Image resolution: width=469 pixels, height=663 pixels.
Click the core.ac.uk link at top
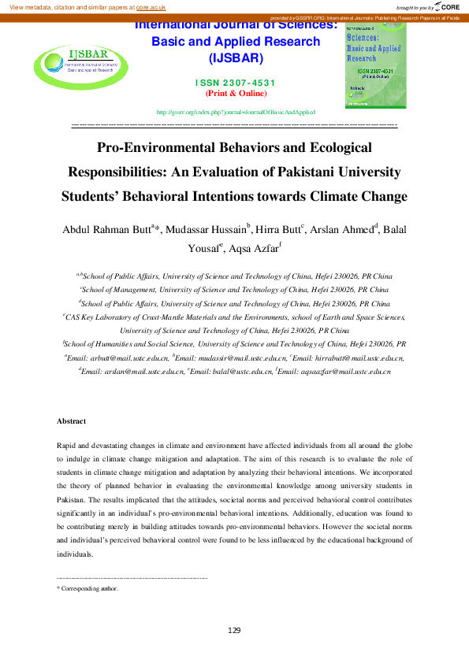[151, 6]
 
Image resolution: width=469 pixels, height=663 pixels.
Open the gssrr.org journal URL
[236, 113]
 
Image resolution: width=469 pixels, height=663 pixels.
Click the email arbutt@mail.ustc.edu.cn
[117, 358]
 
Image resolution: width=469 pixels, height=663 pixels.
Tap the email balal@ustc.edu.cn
[237, 370]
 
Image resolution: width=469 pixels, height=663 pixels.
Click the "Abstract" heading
[72, 422]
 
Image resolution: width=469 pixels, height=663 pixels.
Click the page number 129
[234, 631]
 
